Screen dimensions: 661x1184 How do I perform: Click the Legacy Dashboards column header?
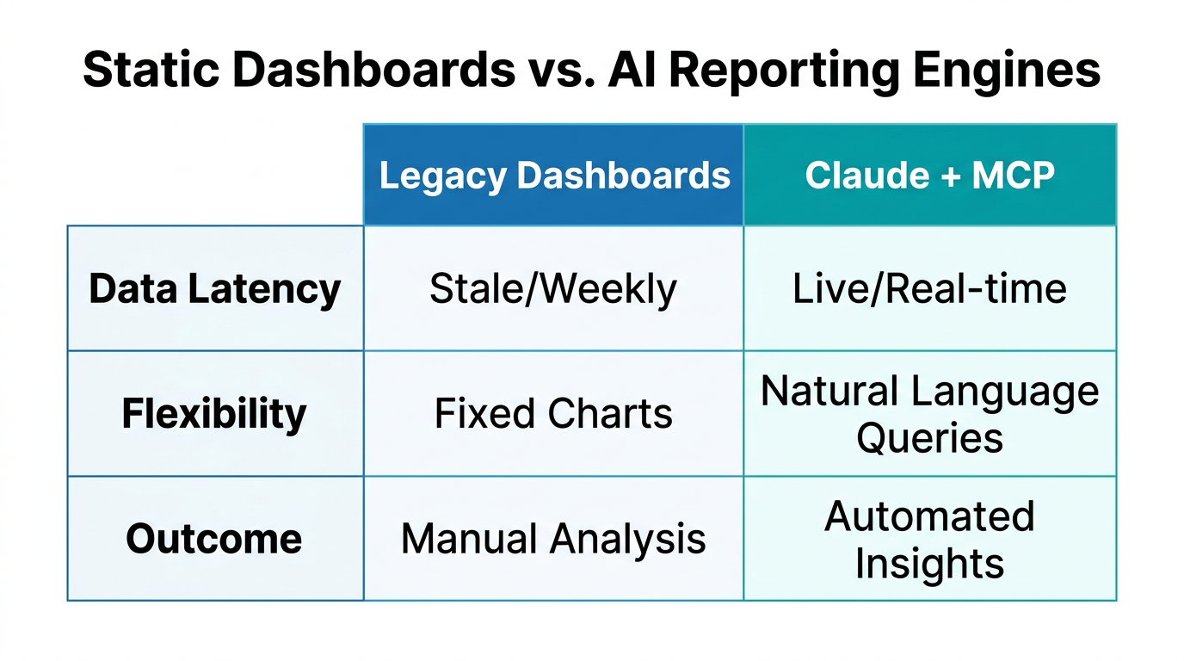[554, 176]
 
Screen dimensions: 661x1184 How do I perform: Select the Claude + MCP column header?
[929, 176]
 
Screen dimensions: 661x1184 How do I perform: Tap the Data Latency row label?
[214, 289]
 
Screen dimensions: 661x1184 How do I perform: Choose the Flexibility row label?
[214, 414]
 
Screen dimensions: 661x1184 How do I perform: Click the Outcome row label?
[214, 540]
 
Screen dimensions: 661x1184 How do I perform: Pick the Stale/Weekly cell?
[553, 289]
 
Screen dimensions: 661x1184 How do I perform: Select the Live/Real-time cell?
[929, 289]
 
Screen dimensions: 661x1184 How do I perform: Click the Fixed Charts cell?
[553, 414]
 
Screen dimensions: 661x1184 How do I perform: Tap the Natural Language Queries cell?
[929, 414]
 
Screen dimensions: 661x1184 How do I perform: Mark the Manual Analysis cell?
[553, 540]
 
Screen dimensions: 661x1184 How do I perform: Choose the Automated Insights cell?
[929, 540]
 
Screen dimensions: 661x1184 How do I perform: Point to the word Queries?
[929, 437]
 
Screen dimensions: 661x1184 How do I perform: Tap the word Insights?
[929, 564]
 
